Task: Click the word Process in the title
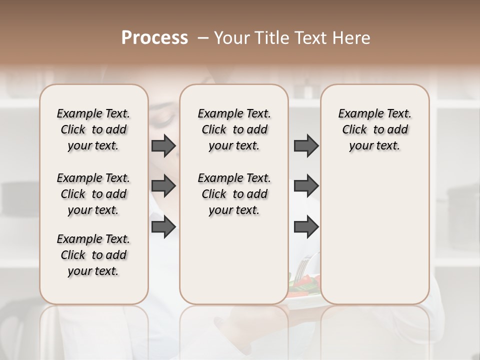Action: (154, 38)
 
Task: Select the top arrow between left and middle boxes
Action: (163, 146)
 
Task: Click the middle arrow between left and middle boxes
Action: (163, 186)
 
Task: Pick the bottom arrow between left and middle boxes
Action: (163, 227)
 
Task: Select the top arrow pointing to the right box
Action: (306, 146)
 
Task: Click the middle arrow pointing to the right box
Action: (306, 186)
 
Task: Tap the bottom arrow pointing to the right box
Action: (306, 227)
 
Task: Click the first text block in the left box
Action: (93, 129)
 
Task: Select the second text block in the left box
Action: (93, 194)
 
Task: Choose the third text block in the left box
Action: (93, 255)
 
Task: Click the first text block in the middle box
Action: (234, 129)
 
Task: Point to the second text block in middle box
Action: (234, 194)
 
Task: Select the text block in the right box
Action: (374, 129)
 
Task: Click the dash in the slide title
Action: (202, 38)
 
